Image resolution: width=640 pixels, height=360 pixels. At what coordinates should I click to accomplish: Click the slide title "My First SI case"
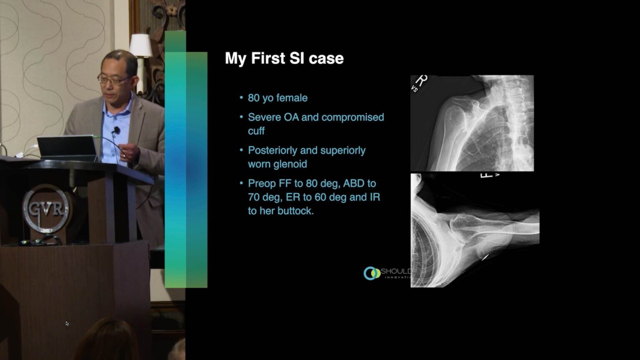(x=284, y=58)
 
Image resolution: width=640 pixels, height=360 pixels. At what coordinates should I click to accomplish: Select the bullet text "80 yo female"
(x=277, y=98)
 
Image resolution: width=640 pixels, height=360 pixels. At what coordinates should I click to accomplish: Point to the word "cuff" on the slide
(x=256, y=131)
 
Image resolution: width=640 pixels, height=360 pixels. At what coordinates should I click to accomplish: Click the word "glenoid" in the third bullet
(x=290, y=164)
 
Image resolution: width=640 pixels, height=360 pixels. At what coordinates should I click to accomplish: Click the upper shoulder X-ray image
(x=472, y=123)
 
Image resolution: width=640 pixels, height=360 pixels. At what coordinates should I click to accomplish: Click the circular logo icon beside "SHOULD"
(x=371, y=273)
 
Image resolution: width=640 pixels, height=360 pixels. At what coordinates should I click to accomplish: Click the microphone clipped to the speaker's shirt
(x=117, y=130)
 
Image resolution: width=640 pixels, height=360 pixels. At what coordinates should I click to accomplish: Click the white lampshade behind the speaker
(x=141, y=45)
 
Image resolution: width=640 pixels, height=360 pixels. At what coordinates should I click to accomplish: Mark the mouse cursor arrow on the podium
(x=67, y=323)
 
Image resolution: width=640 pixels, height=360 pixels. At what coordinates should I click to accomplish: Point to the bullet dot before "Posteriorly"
(x=241, y=150)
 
